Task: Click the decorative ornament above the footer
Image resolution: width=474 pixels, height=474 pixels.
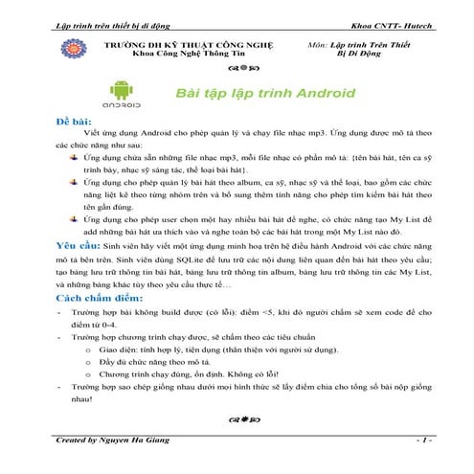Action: pos(240,418)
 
